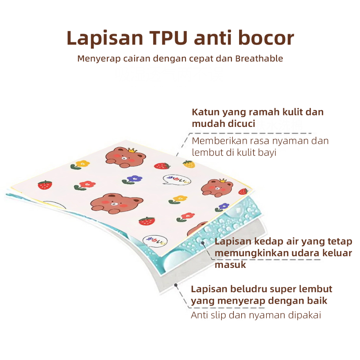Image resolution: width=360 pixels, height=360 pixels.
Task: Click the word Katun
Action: (205, 112)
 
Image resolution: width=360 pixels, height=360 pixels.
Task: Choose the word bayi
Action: (267, 153)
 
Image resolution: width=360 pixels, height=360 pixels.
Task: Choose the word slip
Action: (218, 315)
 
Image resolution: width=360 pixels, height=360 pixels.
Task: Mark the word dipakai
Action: (304, 315)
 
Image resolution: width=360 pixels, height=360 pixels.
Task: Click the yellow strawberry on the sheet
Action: (188, 163)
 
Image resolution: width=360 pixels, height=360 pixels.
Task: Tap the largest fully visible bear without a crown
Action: (116, 204)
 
